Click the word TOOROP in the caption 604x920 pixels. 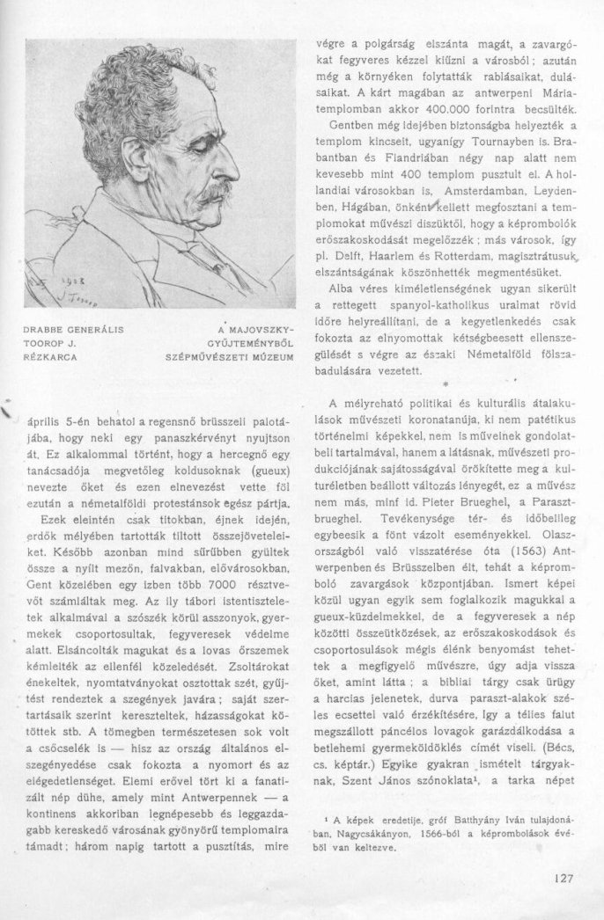point(41,344)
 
